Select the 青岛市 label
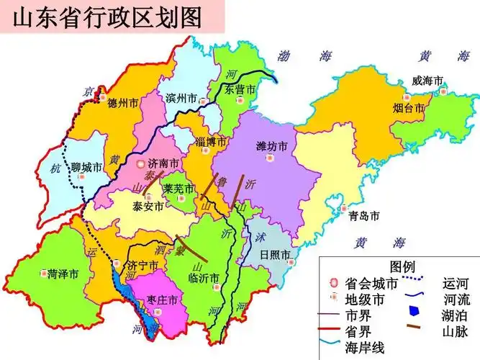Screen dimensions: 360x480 coord(363,215)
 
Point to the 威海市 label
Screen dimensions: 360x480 coord(427,81)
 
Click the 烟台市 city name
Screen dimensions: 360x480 coord(407,109)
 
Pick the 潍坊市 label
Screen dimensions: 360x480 coord(272,146)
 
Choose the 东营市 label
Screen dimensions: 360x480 coord(240,90)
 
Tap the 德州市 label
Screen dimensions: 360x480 coord(122,103)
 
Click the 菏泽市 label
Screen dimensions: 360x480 coord(63,274)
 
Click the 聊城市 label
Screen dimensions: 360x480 coord(86,167)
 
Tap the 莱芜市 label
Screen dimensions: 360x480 coord(178,189)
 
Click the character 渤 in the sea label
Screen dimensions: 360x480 coord(284,56)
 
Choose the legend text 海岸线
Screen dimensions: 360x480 coord(366,347)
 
